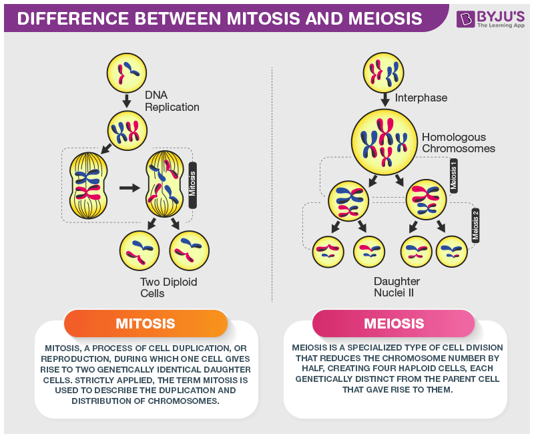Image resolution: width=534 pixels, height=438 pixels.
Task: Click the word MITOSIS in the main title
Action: pyautogui.click(x=256, y=18)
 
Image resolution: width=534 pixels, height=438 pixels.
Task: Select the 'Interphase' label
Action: pyautogui.click(x=421, y=97)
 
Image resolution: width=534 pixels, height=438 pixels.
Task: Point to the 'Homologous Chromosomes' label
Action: pyautogui.click(x=458, y=143)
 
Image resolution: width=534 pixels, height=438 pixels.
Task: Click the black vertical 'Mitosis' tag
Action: pyautogui.click(x=192, y=185)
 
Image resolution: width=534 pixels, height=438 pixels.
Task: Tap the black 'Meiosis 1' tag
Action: pyautogui.click(x=454, y=176)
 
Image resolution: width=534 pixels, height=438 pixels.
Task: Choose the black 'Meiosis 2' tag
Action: pyautogui.click(x=476, y=225)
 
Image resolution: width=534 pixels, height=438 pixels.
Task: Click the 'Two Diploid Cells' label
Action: pyautogui.click(x=168, y=288)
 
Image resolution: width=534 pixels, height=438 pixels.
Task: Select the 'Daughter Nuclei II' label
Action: pyautogui.click(x=398, y=286)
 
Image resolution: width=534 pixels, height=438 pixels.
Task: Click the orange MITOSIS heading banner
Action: pyautogui.click(x=146, y=324)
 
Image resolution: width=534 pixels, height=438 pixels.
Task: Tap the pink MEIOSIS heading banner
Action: pyautogui.click(x=394, y=324)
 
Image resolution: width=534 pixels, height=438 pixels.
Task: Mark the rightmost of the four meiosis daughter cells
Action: pyautogui.click(x=452, y=252)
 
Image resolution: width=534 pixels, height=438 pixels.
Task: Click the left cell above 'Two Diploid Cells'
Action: pyautogui.click(x=139, y=250)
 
